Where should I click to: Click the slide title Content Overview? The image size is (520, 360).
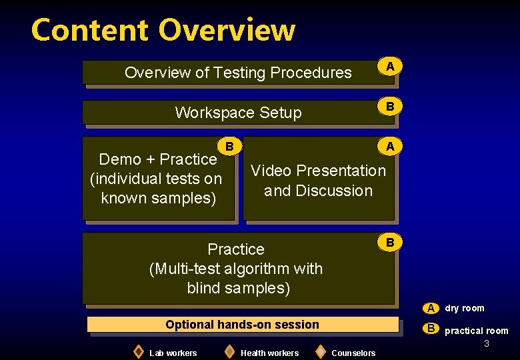pyautogui.click(x=163, y=30)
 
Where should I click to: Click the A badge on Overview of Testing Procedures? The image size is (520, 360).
pyautogui.click(x=390, y=65)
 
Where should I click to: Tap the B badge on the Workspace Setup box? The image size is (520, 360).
pyautogui.click(x=390, y=106)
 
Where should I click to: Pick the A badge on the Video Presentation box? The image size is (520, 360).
pyautogui.click(x=390, y=145)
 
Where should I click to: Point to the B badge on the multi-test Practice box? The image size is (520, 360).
pyautogui.click(x=390, y=241)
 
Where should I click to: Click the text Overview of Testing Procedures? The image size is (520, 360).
pyautogui.click(x=238, y=73)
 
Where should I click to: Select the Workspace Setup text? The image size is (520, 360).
pyautogui.click(x=238, y=113)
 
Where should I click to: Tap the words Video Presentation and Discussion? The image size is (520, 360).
pyautogui.click(x=318, y=181)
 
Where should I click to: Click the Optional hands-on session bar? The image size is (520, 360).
pyautogui.click(x=243, y=325)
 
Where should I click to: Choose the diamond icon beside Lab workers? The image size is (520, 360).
pyautogui.click(x=138, y=351)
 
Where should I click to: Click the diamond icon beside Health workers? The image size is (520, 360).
pyautogui.click(x=229, y=351)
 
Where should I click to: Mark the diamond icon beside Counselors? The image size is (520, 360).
pyautogui.click(x=320, y=351)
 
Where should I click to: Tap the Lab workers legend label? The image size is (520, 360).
pyautogui.click(x=173, y=353)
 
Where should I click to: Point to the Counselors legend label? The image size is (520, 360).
pyautogui.click(x=353, y=353)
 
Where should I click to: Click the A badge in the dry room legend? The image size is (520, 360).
pyautogui.click(x=431, y=308)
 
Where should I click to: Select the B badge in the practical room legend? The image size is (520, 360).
pyautogui.click(x=431, y=328)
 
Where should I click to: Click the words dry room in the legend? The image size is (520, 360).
pyautogui.click(x=465, y=308)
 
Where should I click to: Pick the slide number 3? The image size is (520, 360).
pyautogui.click(x=487, y=343)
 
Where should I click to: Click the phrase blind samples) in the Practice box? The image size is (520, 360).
pyautogui.click(x=238, y=289)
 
